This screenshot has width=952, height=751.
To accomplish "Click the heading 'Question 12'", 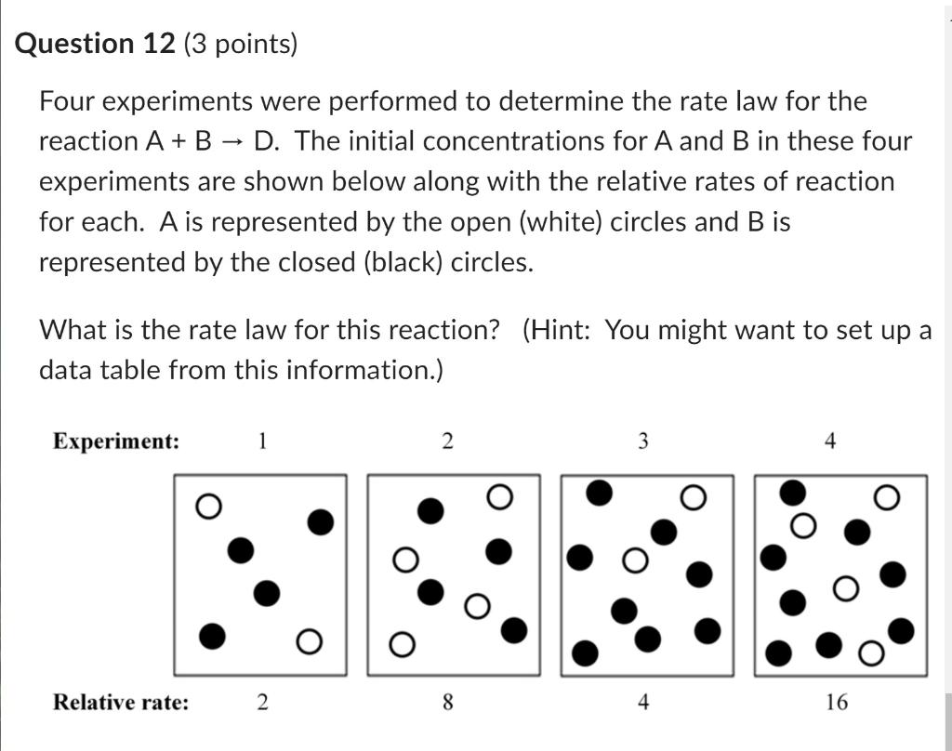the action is pyautogui.click(x=95, y=44).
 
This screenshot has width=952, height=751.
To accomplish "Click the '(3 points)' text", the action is pyautogui.click(x=240, y=44).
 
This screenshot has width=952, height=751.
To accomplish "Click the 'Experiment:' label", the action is pyautogui.click(x=116, y=441).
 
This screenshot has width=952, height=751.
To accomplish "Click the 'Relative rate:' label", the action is pyautogui.click(x=120, y=702).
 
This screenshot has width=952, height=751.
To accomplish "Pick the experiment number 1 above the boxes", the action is pyautogui.click(x=262, y=441).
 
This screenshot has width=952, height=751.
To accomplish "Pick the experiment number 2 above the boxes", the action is pyautogui.click(x=447, y=441).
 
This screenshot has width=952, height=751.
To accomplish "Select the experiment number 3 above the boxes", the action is pyautogui.click(x=642, y=441).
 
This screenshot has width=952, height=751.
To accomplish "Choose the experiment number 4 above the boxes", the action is pyautogui.click(x=830, y=441).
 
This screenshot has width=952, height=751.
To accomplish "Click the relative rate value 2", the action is pyautogui.click(x=262, y=703).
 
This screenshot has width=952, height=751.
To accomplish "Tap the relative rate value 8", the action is pyautogui.click(x=447, y=703).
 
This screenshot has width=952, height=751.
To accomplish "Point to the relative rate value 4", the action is pyautogui.click(x=642, y=703).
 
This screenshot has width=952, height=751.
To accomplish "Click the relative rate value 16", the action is pyautogui.click(x=836, y=703).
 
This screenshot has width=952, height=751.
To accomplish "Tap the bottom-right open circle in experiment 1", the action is pyautogui.click(x=310, y=640).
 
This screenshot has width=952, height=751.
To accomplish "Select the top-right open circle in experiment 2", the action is pyautogui.click(x=499, y=498).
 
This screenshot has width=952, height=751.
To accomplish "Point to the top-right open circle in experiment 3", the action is pyautogui.click(x=693, y=498).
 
